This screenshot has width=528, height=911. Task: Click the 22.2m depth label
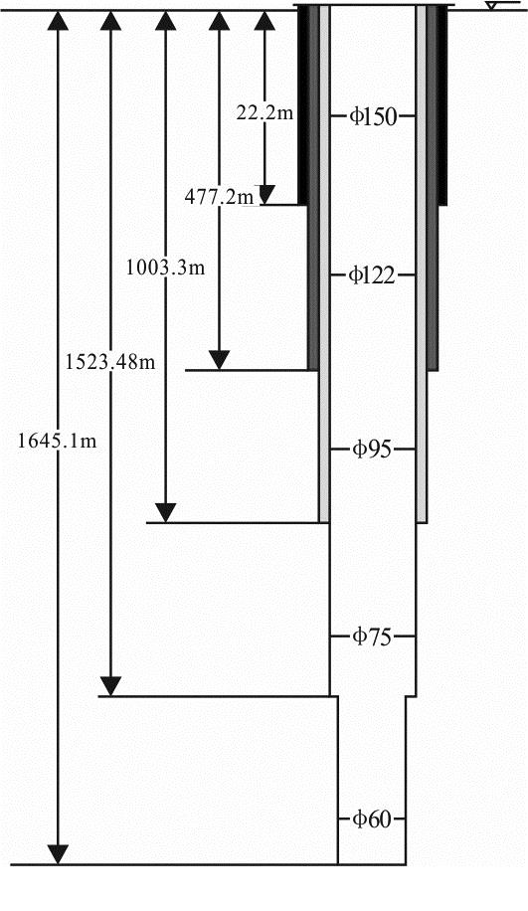pos(264,113)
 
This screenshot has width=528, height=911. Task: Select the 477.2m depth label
pos(213,198)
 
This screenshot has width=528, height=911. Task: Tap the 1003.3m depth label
pos(166,268)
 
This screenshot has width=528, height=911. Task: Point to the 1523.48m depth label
pos(110,362)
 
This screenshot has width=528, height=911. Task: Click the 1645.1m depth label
pos(57,441)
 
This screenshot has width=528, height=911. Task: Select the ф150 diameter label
pos(372,116)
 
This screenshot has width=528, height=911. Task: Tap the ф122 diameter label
pos(372,274)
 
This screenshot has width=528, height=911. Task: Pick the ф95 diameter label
pos(372,450)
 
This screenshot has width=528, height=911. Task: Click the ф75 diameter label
pos(372,637)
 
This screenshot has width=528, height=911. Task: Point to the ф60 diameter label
pos(372,820)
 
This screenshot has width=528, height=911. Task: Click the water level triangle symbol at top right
pos(491,6)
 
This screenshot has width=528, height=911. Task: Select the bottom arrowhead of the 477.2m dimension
pos(219,360)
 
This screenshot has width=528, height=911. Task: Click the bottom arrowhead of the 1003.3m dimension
pos(166,513)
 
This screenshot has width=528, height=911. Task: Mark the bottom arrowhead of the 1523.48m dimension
pos(110,687)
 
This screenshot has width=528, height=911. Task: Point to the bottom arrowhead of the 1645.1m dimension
pos(57,855)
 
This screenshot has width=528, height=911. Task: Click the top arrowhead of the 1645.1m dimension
pos(57,20)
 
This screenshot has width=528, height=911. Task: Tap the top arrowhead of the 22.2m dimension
pos(264,20)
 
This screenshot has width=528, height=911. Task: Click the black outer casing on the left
pos(302,104)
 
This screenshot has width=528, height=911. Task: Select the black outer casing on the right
pos(442,104)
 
